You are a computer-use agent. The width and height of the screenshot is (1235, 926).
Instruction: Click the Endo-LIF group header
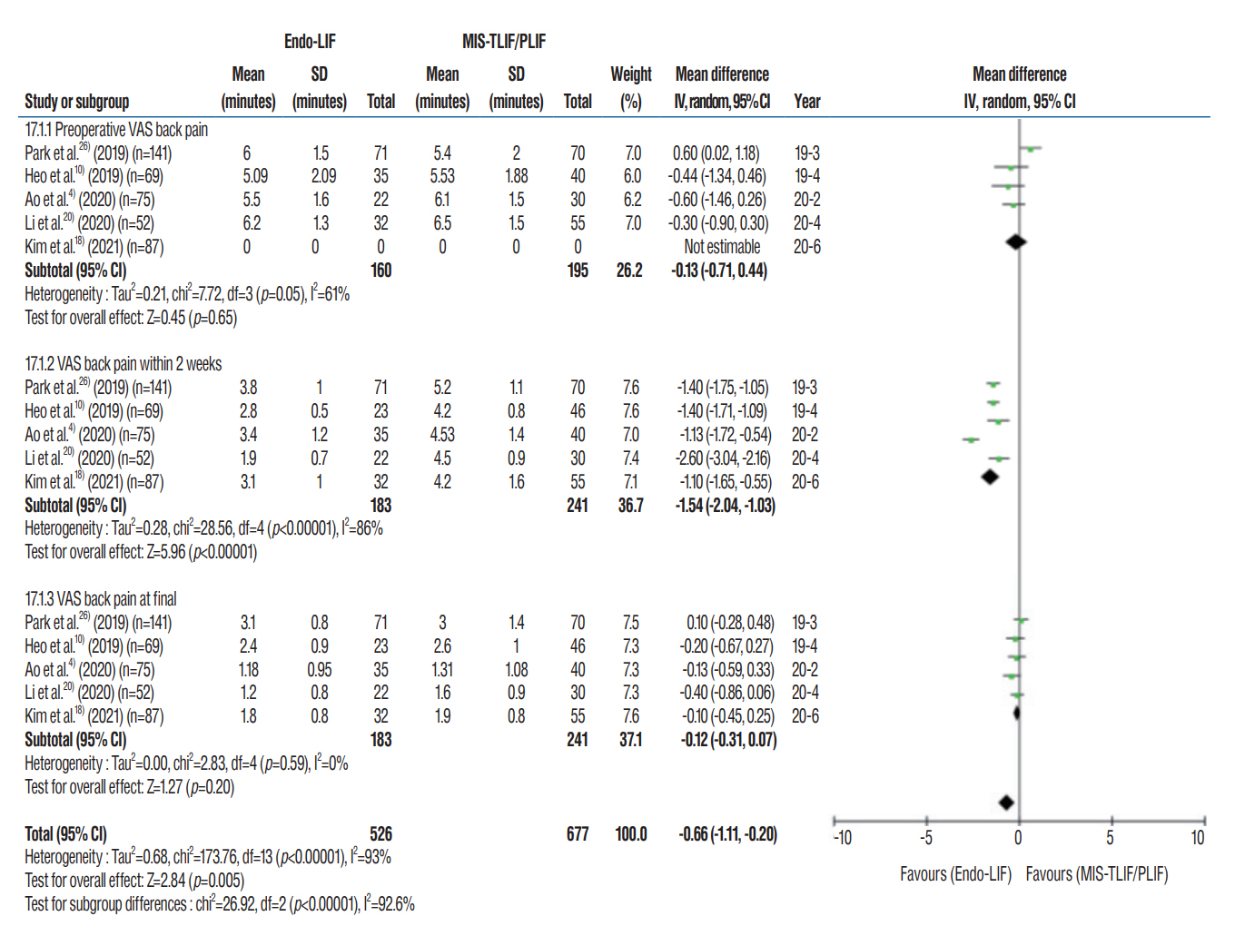click(x=310, y=42)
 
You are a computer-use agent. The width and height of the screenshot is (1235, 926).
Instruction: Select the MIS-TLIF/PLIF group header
click(x=504, y=42)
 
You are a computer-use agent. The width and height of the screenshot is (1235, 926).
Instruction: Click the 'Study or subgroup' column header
click(x=76, y=102)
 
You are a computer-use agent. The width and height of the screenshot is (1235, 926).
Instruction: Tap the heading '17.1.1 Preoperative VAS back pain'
click(x=116, y=130)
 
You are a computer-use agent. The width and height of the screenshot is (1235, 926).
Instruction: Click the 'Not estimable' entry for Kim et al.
click(x=722, y=247)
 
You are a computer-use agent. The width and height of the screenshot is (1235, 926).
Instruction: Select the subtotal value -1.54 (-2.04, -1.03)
click(x=725, y=506)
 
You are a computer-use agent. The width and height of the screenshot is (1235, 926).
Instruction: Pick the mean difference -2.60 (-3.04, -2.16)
click(x=723, y=458)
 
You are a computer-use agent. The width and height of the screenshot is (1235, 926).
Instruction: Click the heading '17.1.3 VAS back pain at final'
click(x=101, y=599)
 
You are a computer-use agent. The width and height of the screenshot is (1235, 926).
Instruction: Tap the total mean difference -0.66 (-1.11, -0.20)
click(x=727, y=834)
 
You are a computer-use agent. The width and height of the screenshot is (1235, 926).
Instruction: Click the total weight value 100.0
click(x=631, y=834)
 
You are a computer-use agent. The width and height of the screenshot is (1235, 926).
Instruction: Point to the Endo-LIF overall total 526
click(x=380, y=834)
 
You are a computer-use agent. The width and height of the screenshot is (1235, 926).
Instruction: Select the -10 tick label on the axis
click(x=842, y=838)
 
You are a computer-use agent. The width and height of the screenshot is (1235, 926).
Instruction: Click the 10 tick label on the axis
click(x=1198, y=838)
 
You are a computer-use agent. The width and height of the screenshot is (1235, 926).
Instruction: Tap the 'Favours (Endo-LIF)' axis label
click(x=955, y=874)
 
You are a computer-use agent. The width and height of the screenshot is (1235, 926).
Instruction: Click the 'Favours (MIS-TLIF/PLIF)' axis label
click(x=1096, y=874)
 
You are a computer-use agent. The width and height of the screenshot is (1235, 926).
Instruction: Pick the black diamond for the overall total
click(x=1005, y=803)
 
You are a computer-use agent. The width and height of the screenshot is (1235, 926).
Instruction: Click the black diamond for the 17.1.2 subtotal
click(x=990, y=477)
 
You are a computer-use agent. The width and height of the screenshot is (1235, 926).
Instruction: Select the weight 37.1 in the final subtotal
click(x=630, y=740)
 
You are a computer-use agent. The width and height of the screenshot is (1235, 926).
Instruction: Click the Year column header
click(x=806, y=102)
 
